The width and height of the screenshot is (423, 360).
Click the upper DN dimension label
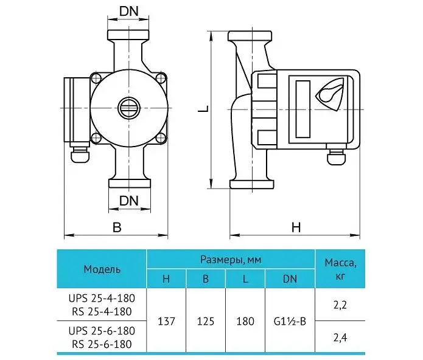coord(128,12)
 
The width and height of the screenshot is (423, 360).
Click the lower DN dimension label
coord(128,201)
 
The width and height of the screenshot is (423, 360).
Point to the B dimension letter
coord(117,227)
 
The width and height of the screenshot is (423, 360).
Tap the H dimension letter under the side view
coord(296,227)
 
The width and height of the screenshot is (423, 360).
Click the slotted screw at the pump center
coord(129,108)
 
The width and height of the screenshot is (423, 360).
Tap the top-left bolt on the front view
coord(96,78)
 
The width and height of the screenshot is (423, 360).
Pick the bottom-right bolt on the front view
coord(161,138)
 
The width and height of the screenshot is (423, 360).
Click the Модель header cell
coord(102,269)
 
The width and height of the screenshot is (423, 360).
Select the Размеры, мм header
coord(231,260)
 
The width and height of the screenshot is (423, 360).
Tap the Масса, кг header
coord(340,269)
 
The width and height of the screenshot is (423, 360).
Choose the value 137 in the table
coord(166,321)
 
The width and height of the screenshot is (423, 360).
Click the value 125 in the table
coord(206,321)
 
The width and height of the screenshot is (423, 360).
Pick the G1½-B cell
coord(290,321)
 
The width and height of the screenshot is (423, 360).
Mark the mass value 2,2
coord(340,305)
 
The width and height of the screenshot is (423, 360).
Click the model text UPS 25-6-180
coord(102,331)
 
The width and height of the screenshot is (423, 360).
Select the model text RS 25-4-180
coord(102,311)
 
